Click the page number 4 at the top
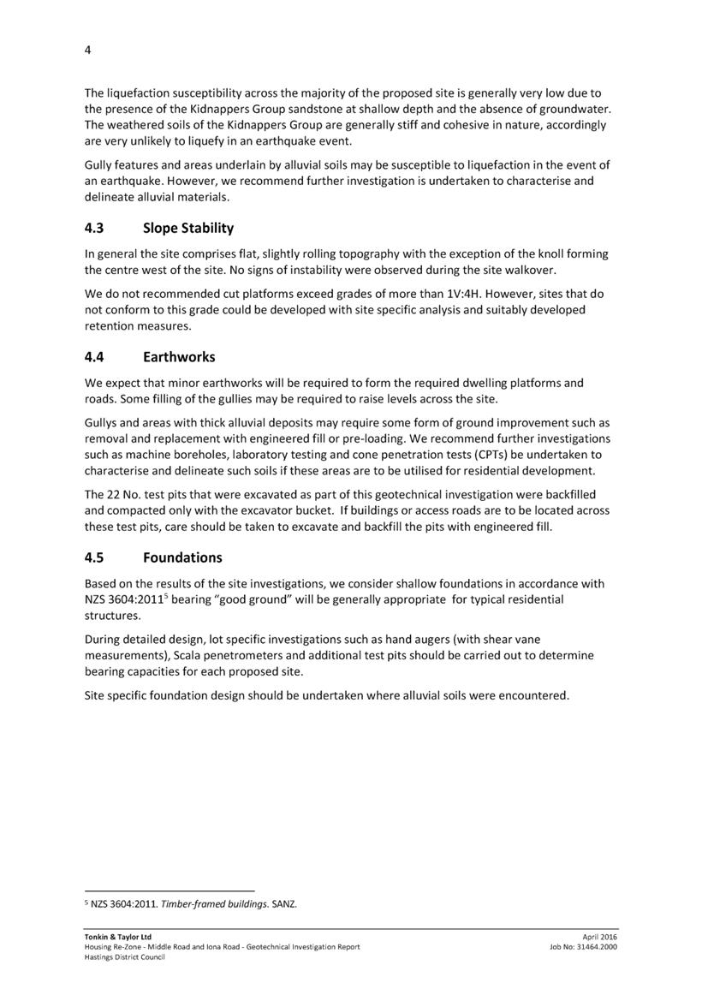(x=87, y=50)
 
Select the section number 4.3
(x=95, y=229)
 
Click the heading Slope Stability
(x=188, y=229)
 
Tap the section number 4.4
(x=95, y=357)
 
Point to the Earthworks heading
(x=179, y=357)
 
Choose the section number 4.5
(x=95, y=558)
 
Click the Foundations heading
(x=182, y=558)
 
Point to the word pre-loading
(x=373, y=438)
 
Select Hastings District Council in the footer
(x=124, y=957)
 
